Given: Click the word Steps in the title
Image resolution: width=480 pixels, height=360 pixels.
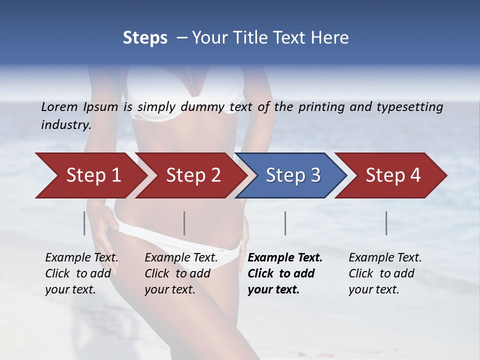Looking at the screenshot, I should pyautogui.click(x=145, y=38).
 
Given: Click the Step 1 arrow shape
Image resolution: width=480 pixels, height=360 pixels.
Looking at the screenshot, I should pyautogui.click(x=93, y=175).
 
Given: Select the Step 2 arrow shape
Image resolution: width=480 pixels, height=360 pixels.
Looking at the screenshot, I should pyautogui.click(x=193, y=175).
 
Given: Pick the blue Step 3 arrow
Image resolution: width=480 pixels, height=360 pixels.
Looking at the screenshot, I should pyautogui.click(x=293, y=175).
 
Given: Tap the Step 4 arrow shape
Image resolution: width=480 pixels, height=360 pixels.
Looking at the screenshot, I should pyautogui.click(x=393, y=175).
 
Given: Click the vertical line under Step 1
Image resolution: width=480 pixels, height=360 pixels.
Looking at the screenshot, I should pyautogui.click(x=84, y=223).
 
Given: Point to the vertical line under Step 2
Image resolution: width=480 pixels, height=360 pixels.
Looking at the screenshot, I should pyautogui.click(x=184, y=223).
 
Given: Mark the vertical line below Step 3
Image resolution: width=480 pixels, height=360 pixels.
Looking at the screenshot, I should pyautogui.click(x=285, y=223).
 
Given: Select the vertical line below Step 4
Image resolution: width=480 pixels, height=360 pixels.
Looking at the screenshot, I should pyautogui.click(x=386, y=223).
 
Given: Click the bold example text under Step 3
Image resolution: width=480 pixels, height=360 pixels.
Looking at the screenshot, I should pyautogui.click(x=285, y=273).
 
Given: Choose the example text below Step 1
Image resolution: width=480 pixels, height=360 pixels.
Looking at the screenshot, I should pyautogui.click(x=81, y=273).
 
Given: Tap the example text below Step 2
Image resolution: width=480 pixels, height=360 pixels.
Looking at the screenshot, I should pyautogui.click(x=181, y=273).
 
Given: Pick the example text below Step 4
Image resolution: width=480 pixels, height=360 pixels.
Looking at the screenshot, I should pyautogui.click(x=385, y=273).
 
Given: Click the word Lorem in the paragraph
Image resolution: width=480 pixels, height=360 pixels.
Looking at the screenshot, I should pyautogui.click(x=59, y=107).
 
